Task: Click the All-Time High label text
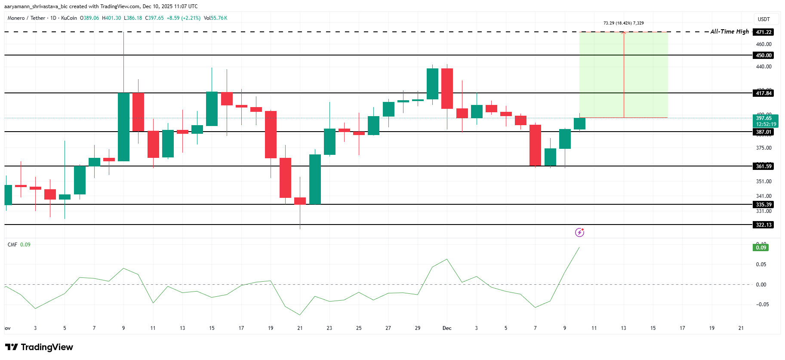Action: pos(729,31)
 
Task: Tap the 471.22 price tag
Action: pos(763,32)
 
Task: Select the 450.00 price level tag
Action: pos(763,55)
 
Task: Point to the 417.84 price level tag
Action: pos(763,93)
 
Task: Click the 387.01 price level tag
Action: pos(763,132)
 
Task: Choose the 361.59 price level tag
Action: pos(763,166)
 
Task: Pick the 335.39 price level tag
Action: pos(763,205)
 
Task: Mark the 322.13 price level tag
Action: pos(763,225)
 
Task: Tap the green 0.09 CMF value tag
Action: pos(761,248)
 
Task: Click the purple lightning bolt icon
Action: pos(579,233)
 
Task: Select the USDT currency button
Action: pos(763,19)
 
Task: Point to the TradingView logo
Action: pos(39,347)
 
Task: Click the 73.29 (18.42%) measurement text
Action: pos(623,23)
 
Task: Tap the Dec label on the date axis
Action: pos(447,328)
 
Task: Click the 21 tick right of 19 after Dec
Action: pos(741,328)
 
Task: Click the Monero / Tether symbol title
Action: pos(26,18)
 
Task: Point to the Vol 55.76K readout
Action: pos(215,18)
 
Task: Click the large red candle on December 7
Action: pos(535,145)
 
